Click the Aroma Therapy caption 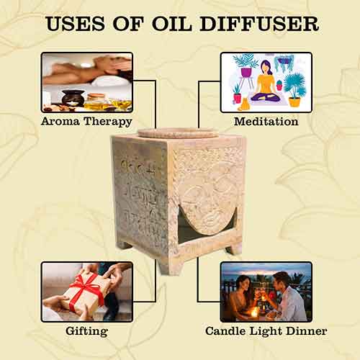coord(86,122)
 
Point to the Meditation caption coord(266,122)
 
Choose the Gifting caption coord(86,331)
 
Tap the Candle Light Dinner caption coord(266,331)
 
